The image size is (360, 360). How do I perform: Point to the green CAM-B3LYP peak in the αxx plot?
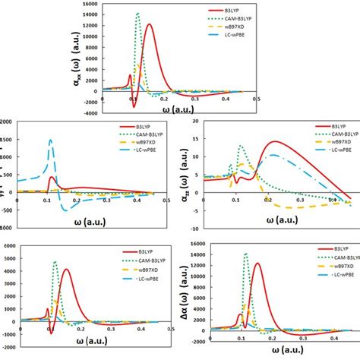pos(137,14)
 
